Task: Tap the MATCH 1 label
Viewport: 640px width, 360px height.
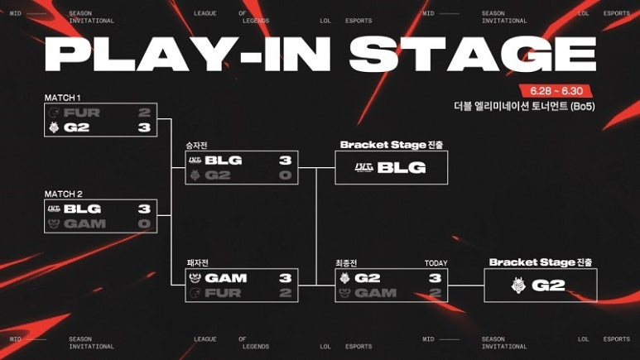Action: pyautogui.click(x=63, y=98)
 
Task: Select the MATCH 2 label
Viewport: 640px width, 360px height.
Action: pyautogui.click(x=63, y=194)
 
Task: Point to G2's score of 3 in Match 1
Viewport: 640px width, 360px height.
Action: pyautogui.click(x=143, y=128)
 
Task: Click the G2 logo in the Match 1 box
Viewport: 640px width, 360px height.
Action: pyautogui.click(x=55, y=128)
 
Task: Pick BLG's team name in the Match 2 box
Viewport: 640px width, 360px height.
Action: pyautogui.click(x=82, y=209)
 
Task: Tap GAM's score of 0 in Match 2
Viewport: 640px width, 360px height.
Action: pyautogui.click(x=143, y=224)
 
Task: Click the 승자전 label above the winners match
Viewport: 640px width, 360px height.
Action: pyautogui.click(x=197, y=146)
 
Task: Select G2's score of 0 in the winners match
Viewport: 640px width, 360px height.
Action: pyautogui.click(x=285, y=175)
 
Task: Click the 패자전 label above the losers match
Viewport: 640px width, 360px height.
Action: pyautogui.click(x=197, y=263)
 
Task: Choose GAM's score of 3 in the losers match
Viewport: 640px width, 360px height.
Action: pyautogui.click(x=285, y=278)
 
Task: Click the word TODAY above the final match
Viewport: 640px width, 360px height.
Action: pyautogui.click(x=435, y=263)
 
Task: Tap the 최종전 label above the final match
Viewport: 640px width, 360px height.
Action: pyautogui.click(x=346, y=263)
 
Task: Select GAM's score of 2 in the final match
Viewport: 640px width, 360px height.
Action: pyautogui.click(x=433, y=293)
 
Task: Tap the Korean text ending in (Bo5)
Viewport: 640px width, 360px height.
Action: pyautogui.click(x=525, y=106)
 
